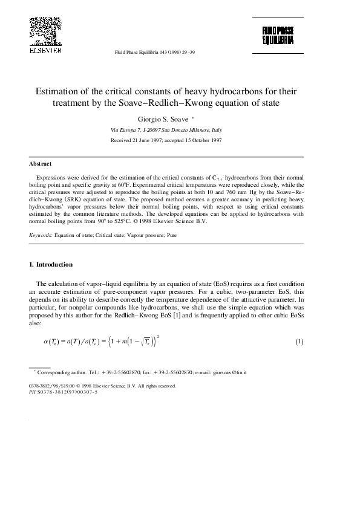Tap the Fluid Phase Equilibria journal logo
[278, 36]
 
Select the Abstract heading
[41, 164]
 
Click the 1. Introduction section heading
[51, 264]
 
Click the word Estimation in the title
[61, 91]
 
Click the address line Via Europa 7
[129, 130]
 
